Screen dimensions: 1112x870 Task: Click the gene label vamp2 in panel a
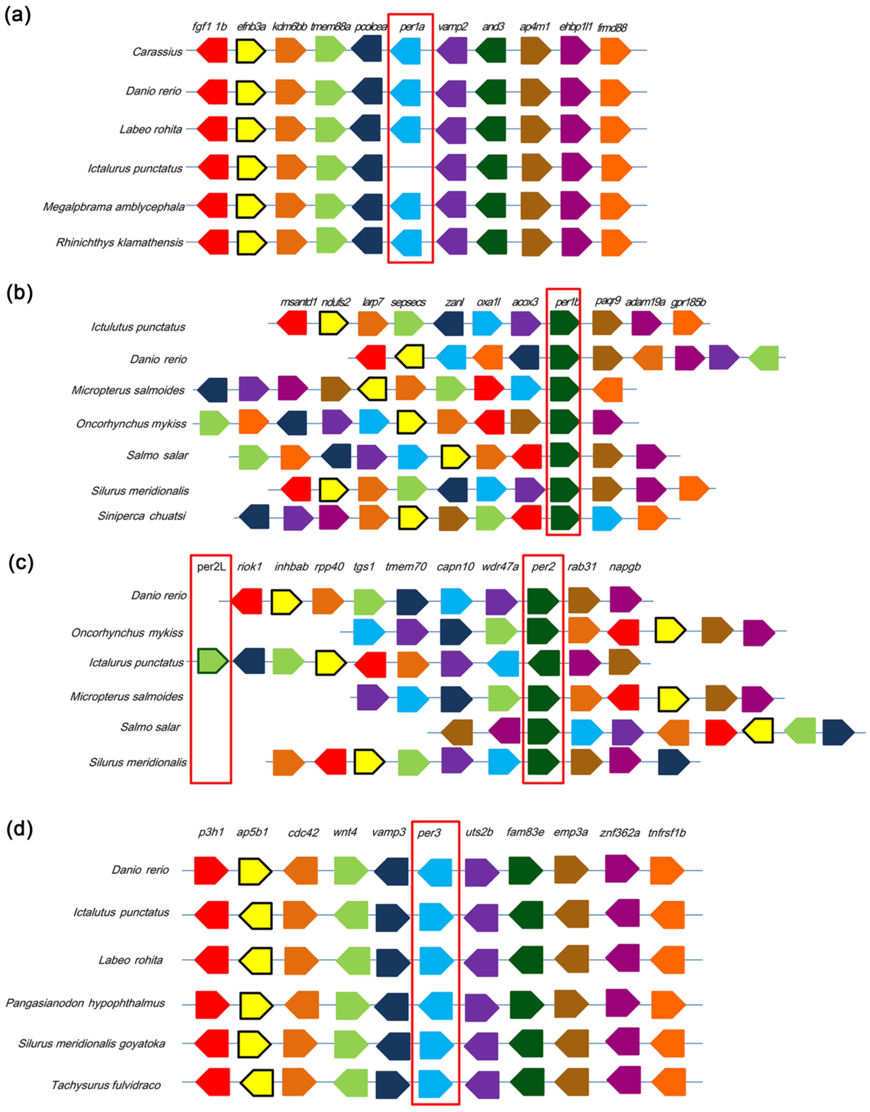coord(452,27)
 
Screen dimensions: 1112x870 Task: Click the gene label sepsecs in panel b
coord(408,302)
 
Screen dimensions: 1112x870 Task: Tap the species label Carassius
coord(158,51)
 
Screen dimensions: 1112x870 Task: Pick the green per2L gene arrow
coord(212,661)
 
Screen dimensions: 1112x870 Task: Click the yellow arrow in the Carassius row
coord(251,51)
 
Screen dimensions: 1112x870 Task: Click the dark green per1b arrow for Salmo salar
coord(564,455)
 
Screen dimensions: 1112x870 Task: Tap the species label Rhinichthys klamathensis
coord(119,242)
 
